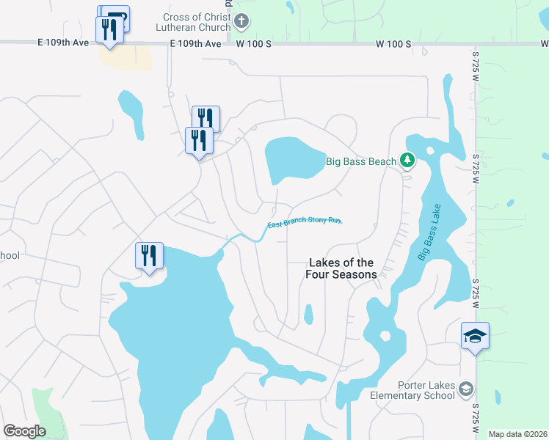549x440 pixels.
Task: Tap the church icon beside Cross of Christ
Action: [242, 22]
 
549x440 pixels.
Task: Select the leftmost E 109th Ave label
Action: [63, 44]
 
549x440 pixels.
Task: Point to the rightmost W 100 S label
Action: [394, 44]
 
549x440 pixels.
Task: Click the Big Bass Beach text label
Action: [361, 161]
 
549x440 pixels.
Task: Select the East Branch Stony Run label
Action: [304, 222]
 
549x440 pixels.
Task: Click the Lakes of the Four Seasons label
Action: [341, 268]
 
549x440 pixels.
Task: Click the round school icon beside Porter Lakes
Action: [465, 390]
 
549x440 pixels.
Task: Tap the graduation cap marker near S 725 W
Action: [475, 337]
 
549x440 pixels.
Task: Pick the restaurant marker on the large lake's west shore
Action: [149, 257]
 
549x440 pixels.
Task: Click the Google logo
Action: [24, 431]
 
